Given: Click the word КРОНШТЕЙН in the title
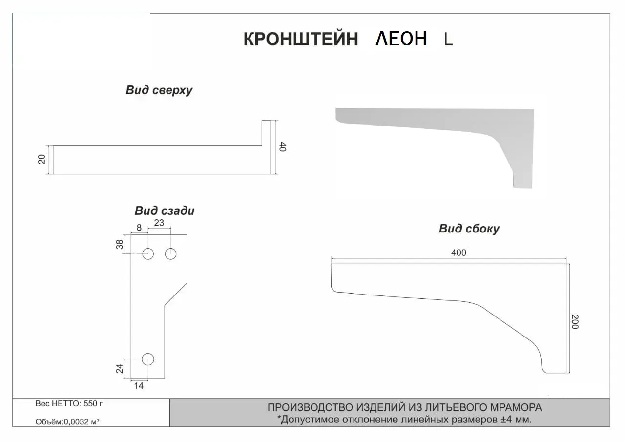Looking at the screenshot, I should (x=300, y=39).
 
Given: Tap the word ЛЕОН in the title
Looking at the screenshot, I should (x=401, y=39).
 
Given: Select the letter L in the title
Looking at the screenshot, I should (x=448, y=39).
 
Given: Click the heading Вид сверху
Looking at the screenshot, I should (x=159, y=90).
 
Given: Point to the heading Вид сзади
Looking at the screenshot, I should (x=165, y=211).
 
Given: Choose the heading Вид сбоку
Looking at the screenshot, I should (x=469, y=229).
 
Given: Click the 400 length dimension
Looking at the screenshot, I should (x=458, y=253).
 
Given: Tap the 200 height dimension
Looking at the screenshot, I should (x=575, y=321).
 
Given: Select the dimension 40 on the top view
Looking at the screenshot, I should (x=282, y=147).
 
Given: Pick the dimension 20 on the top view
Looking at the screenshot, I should (x=42, y=159).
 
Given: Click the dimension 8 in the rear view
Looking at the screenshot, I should (x=139, y=227).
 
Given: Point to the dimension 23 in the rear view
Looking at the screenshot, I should (x=159, y=223).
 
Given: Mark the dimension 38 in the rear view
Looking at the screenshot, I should (x=120, y=244).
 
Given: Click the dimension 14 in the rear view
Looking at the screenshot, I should (x=139, y=386).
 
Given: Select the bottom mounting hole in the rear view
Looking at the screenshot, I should (x=148, y=359).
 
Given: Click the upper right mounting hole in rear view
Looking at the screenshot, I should (x=170, y=253).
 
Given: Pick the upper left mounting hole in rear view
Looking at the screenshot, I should (x=148, y=253).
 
